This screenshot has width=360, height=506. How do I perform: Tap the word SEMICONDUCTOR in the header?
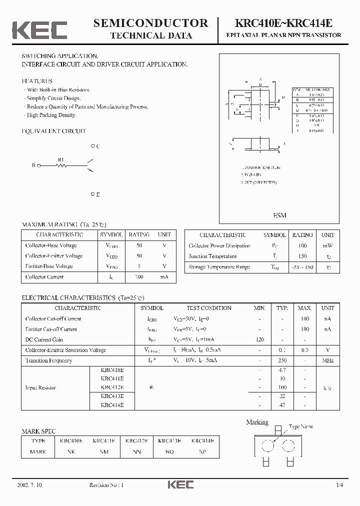coord(150,22)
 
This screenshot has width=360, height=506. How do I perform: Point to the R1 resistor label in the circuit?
coord(61,160)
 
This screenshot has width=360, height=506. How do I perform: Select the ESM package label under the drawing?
coord(280,215)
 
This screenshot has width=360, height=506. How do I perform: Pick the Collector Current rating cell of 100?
coord(139,276)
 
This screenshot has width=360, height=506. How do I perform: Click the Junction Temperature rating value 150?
coord(302,256)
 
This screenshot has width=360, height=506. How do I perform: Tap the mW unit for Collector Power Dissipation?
coord(327,245)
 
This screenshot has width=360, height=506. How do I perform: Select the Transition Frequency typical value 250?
coord(282,360)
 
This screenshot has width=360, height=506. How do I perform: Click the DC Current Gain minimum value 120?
coord(259,339)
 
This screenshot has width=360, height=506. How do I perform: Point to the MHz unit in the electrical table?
coord(327,360)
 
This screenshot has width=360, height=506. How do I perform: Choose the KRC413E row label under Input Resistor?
coord(112,396)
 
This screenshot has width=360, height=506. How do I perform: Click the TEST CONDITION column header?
coord(209,308)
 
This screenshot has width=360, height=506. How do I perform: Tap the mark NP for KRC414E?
coord(202,451)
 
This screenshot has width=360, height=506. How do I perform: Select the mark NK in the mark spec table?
coord(71,451)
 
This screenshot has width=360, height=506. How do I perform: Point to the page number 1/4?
coord(340,485)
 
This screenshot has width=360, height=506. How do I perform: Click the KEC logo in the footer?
coord(179,484)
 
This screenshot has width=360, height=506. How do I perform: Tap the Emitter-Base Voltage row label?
coord(49,266)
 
